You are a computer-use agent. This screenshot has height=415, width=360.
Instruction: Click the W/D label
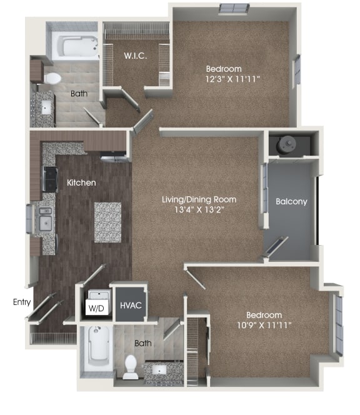point(96,307)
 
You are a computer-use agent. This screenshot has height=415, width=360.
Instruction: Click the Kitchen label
point(81,182)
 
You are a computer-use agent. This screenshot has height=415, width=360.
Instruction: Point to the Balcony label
point(291,202)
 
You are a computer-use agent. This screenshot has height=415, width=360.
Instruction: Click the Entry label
point(21,302)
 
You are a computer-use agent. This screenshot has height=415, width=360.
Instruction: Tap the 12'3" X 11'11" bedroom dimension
point(232,79)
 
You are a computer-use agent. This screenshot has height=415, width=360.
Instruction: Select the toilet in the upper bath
point(52,79)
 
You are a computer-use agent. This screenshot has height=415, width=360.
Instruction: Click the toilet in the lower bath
point(131,367)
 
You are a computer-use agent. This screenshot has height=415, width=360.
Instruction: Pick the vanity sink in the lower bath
point(161,370)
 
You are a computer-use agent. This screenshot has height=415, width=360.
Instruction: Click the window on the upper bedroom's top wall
point(233,8)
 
